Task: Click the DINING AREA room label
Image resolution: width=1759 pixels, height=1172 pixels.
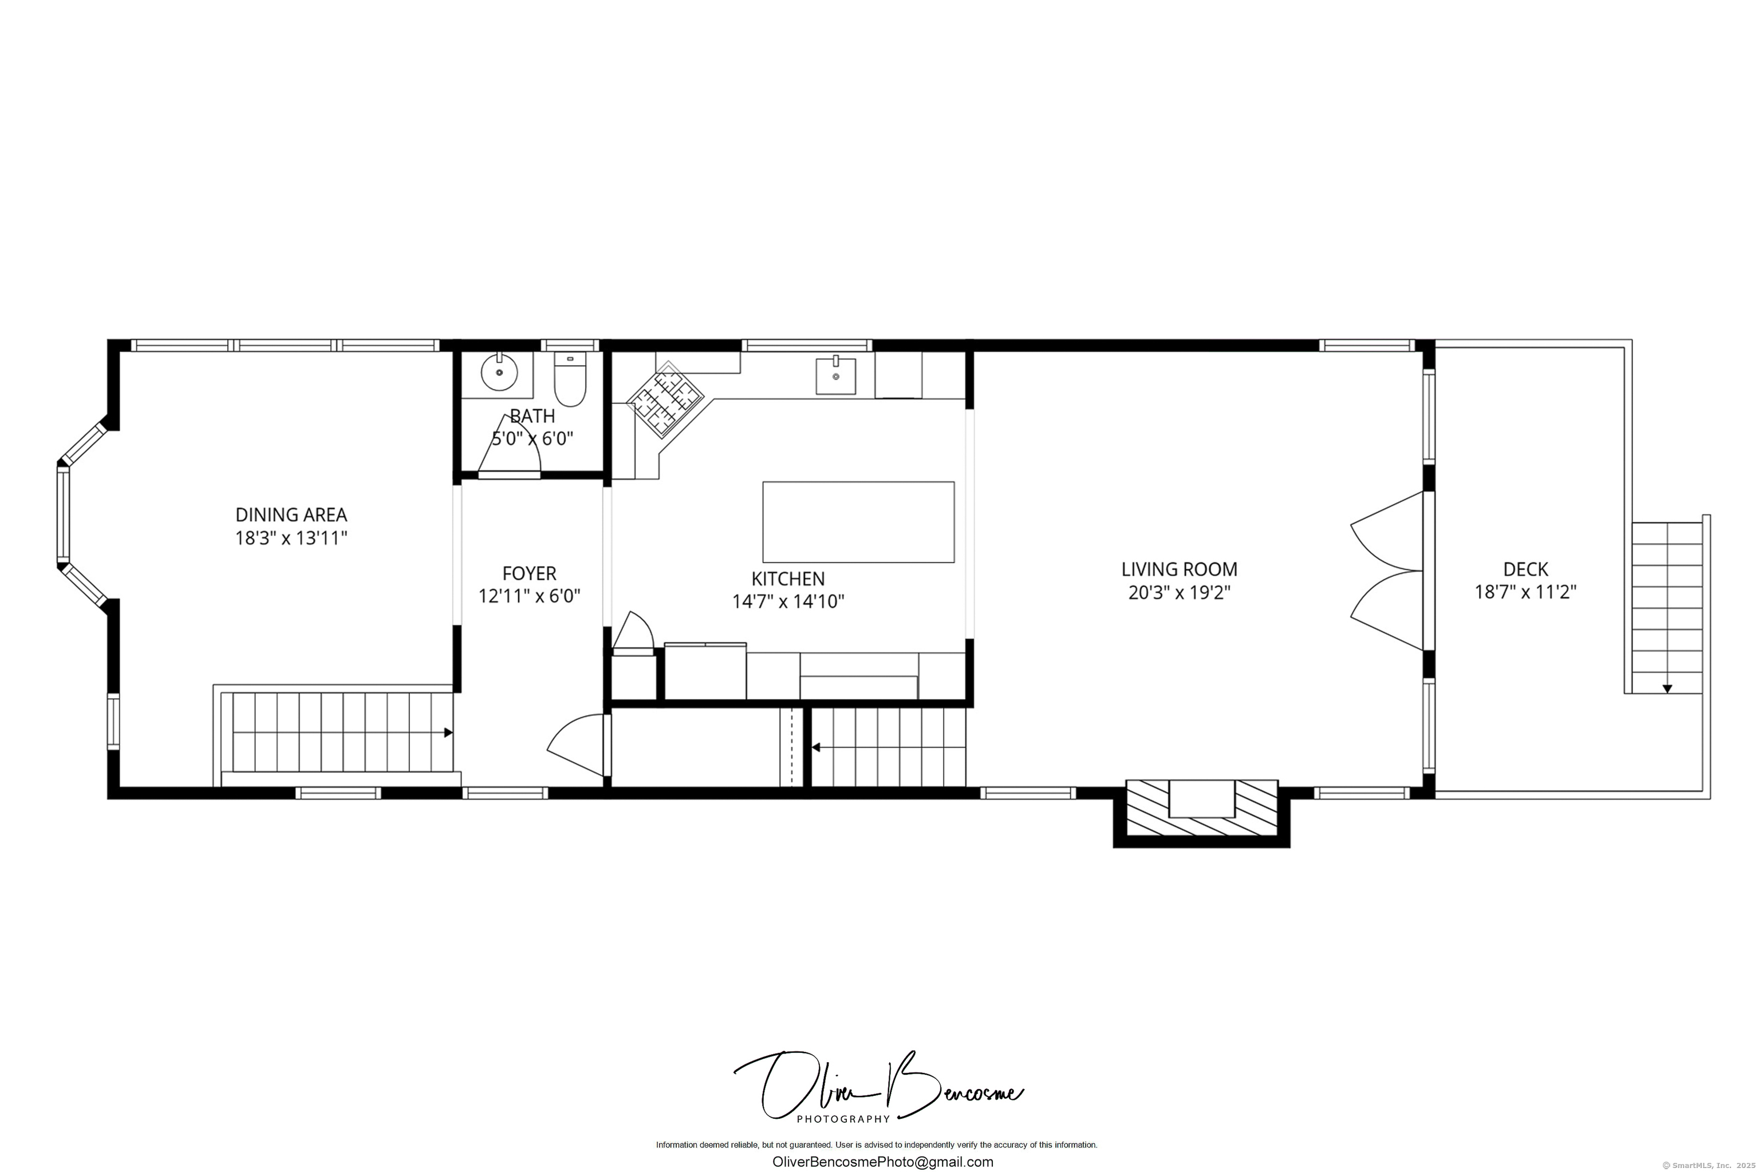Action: click(x=291, y=514)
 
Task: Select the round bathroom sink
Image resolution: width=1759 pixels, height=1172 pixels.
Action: click(x=499, y=372)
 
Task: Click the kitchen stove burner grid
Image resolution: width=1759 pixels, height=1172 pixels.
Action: click(x=665, y=400)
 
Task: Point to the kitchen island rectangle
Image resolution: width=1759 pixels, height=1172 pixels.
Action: click(x=858, y=522)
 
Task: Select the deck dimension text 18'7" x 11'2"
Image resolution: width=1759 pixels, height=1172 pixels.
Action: click(x=1525, y=592)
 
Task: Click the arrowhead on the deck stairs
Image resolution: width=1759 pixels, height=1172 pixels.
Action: click(x=1667, y=688)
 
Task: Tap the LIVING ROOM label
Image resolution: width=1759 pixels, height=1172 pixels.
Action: click(x=1178, y=569)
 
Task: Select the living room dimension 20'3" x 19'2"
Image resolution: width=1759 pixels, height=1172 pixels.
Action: click(x=1178, y=593)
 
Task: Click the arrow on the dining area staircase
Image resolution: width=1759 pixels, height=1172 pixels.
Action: click(x=448, y=732)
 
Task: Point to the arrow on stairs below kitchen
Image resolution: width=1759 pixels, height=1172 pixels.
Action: click(x=816, y=747)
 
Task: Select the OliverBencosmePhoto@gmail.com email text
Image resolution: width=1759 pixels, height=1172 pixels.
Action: click(x=882, y=1162)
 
